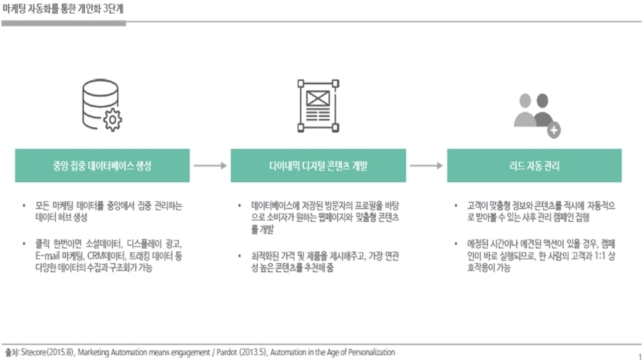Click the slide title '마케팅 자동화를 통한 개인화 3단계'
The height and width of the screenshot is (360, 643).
(62, 9)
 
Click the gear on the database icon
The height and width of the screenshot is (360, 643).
(112, 120)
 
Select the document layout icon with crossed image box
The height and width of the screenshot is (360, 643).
(318, 106)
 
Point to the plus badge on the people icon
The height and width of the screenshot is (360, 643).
(554, 130)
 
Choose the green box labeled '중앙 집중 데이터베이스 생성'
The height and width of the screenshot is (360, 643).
(102, 165)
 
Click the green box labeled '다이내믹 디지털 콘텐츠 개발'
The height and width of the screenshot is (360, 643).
(318, 165)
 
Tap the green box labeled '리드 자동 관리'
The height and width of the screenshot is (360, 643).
(534, 165)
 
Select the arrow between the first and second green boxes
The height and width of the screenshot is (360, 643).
(210, 165)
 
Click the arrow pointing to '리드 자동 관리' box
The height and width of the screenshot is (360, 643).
(427, 165)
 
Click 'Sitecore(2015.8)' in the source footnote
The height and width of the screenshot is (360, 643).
(48, 352)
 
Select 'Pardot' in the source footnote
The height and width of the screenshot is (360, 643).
(226, 352)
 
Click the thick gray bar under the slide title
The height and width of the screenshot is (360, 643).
(64, 23)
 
